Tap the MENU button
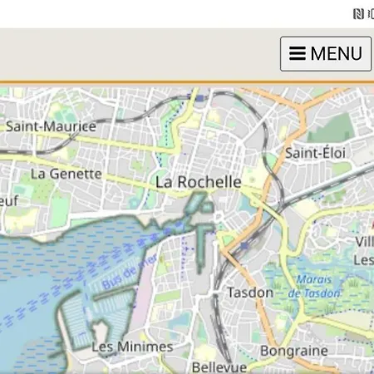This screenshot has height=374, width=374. (x=325, y=54)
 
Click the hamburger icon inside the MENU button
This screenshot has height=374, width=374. (x=297, y=54)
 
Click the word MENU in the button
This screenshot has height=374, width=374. (x=336, y=54)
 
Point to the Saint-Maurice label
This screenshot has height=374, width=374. (x=51, y=127)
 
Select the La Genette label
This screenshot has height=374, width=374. (x=66, y=175)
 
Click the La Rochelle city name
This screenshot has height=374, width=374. (x=199, y=182)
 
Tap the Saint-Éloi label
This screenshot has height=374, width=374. (x=315, y=153)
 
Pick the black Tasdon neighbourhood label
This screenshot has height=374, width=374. (x=250, y=293)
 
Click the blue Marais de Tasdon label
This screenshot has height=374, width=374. (x=314, y=286)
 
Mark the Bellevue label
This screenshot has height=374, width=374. (x=219, y=367)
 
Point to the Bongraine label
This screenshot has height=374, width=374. (x=294, y=351)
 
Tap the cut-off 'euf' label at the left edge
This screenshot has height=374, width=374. (x=9, y=200)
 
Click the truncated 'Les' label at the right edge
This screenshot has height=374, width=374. (x=363, y=260)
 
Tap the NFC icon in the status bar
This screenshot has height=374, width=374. (x=358, y=13)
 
